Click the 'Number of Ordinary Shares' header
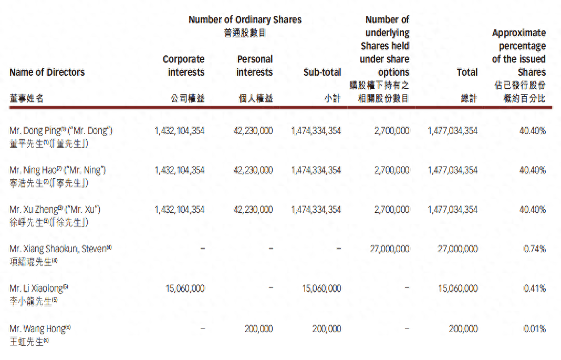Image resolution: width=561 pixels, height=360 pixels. pos(245,20)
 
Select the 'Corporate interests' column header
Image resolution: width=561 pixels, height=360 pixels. pos(183,66)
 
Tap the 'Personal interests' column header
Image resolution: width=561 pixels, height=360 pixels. pos(255,66)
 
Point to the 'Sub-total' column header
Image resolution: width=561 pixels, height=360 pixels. pos(322,73)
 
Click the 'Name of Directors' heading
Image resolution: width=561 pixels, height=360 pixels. pos(47,73)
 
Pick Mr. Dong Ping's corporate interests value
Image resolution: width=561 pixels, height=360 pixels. pos(180,131)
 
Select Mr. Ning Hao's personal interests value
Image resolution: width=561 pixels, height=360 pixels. pos(253,170)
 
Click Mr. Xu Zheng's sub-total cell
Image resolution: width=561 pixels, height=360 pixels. pos(316,210)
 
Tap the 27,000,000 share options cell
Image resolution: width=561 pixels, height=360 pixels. pos(390,249)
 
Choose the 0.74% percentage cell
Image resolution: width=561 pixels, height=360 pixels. pos(535,249)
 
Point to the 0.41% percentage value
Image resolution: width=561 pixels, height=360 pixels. pos(535,289)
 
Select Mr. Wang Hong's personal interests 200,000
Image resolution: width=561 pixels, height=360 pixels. pos(258,329)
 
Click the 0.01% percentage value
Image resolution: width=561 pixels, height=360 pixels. pos(535,329)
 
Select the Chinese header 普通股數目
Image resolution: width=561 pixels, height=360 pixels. pos(245,33)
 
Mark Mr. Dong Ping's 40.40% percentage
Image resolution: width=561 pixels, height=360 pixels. pos(533,131)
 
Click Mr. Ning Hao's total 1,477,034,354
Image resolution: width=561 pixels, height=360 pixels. pos(453,170)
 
